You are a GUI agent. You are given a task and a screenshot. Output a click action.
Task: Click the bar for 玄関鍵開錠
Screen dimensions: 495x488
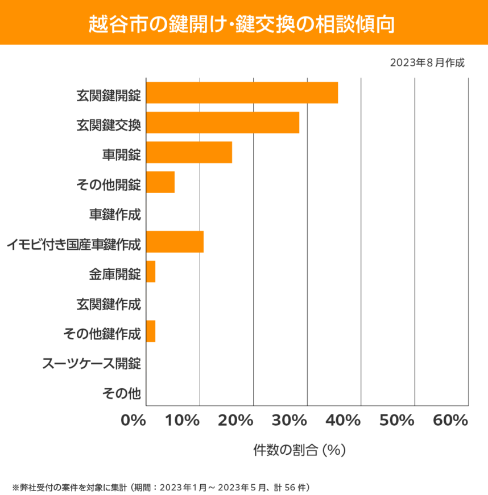point(242,93)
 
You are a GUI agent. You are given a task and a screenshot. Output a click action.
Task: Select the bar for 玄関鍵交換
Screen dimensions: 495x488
point(222,123)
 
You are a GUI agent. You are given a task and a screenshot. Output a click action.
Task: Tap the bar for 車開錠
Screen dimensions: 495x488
point(189,152)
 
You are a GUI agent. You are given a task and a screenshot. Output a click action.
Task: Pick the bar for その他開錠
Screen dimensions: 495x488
point(160,182)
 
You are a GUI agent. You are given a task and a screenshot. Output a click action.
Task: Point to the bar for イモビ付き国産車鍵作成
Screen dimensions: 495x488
point(175,242)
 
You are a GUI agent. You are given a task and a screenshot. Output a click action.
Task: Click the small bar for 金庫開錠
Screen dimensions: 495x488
point(151,272)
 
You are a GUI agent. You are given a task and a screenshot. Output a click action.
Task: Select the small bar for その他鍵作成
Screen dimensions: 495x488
point(151,332)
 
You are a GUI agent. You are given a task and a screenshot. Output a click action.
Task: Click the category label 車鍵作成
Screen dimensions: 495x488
point(115,215)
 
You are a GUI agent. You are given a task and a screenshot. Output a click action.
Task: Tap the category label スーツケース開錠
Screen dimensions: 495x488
point(92,363)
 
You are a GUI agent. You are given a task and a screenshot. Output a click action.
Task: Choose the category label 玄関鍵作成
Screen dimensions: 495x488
point(108,304)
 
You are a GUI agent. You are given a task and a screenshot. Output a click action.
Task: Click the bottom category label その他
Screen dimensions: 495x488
point(121,393)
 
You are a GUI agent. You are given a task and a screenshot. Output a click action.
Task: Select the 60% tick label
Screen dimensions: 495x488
point(450,421)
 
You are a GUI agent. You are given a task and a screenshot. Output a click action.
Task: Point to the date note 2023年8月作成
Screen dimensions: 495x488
point(427,62)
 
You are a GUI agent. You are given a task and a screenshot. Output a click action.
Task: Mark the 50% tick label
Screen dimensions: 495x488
point(397,421)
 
